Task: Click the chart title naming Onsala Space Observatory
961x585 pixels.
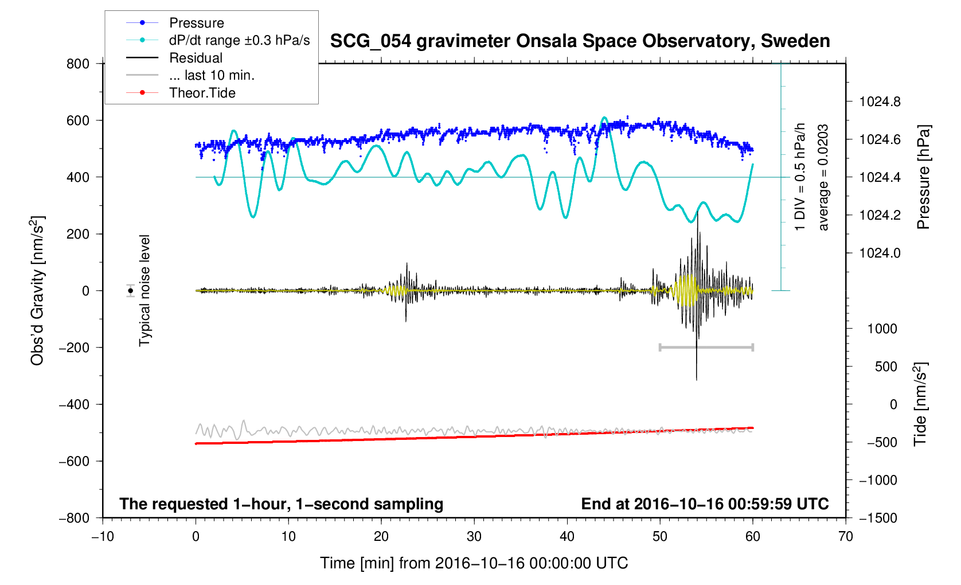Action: (x=580, y=41)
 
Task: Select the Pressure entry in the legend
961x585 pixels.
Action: (x=197, y=23)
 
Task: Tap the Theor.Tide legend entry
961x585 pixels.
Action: (x=202, y=93)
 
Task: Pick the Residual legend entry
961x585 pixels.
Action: (x=196, y=58)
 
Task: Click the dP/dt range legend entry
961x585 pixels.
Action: (x=239, y=41)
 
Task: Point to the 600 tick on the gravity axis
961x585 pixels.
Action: (x=78, y=120)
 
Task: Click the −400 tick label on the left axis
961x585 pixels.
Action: (x=75, y=404)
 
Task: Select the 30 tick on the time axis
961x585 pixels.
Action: (x=474, y=536)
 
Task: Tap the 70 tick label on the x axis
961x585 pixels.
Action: (x=845, y=536)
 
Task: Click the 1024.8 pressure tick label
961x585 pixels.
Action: (x=880, y=102)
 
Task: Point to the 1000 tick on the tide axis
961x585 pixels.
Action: (x=882, y=329)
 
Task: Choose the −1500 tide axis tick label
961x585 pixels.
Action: (x=878, y=518)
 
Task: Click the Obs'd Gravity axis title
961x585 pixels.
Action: (x=37, y=291)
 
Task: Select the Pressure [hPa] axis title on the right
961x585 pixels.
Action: (x=923, y=177)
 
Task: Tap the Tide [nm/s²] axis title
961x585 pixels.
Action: (x=920, y=404)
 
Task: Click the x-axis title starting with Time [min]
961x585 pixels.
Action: (x=474, y=563)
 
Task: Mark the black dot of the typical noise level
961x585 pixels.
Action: (x=131, y=291)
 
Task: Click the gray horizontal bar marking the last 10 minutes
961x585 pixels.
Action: (x=706, y=347)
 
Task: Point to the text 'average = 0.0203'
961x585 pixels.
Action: (x=823, y=177)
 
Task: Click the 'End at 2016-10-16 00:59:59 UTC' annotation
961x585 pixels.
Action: (x=705, y=504)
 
